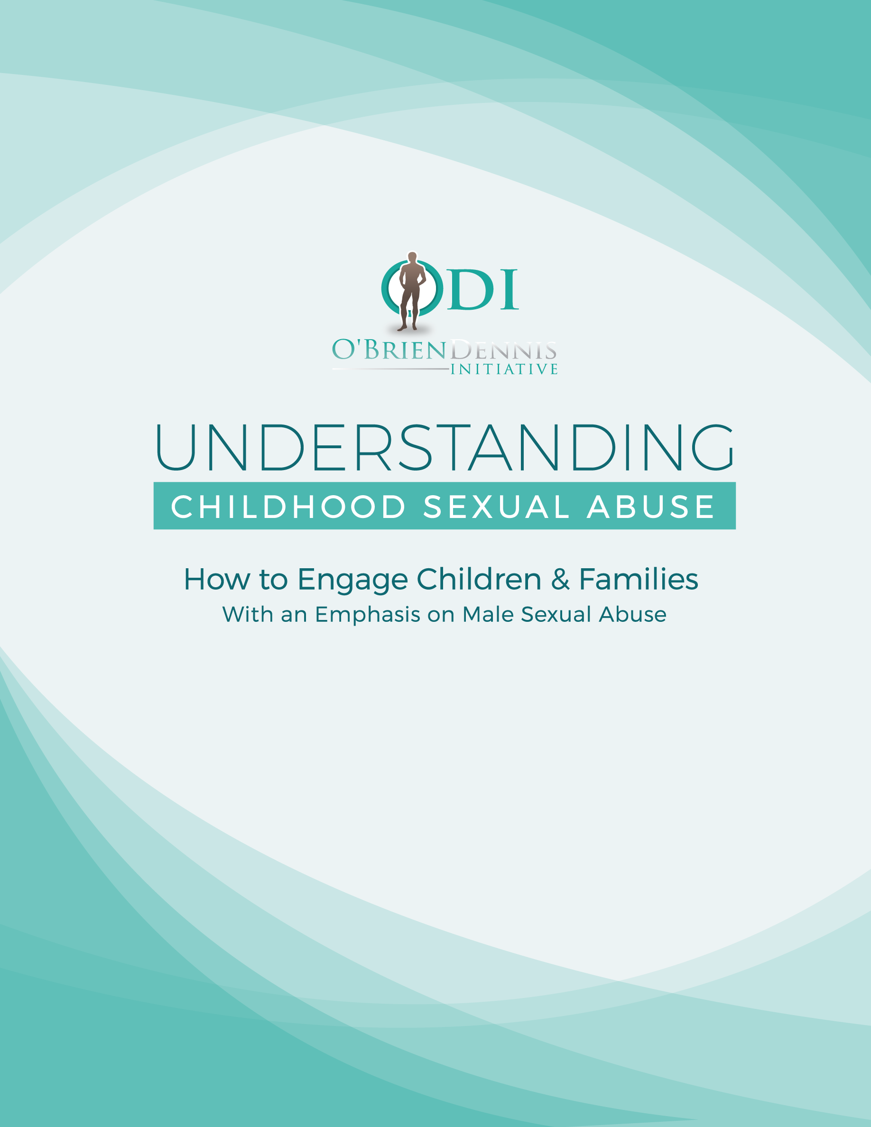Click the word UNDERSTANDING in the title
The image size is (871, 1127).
[445, 447]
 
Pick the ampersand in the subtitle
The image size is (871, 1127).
[560, 579]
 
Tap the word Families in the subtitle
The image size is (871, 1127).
[638, 579]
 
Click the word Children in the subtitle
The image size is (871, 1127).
[479, 579]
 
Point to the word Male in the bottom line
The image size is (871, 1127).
[488, 614]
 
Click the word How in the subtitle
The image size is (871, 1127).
[217, 579]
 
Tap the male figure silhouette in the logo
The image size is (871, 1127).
[411, 291]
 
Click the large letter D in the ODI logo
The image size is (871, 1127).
[470, 289]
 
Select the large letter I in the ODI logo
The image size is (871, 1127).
[509, 289]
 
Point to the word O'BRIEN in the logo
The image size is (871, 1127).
[389, 350]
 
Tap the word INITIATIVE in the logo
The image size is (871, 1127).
[504, 370]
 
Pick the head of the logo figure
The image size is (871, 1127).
[412, 257]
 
